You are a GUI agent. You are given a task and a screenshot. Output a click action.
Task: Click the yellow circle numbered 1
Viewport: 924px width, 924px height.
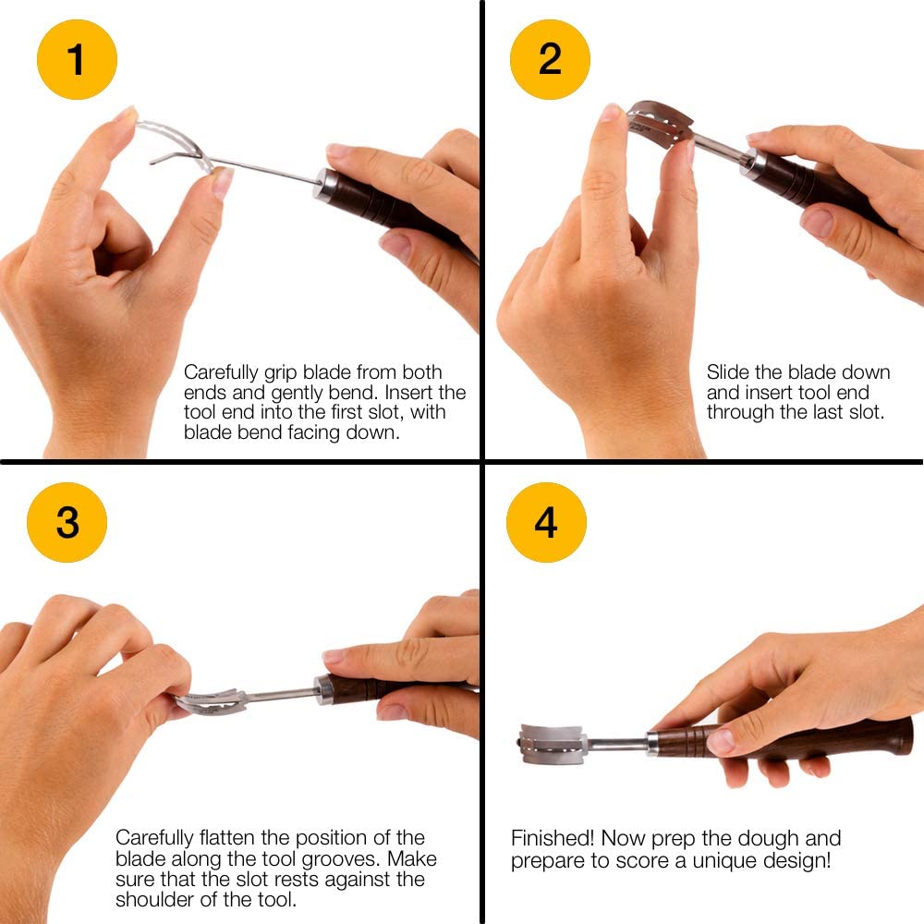point(77,59)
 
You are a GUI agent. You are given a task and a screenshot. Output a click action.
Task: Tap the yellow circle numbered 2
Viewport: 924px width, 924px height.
point(550,59)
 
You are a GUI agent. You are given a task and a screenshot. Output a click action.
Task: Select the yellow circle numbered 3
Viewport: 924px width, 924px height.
point(67,522)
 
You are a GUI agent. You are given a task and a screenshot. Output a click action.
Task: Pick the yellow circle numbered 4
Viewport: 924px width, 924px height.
point(546,522)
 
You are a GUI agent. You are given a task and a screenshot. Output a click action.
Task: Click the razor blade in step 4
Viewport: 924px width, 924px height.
point(552,744)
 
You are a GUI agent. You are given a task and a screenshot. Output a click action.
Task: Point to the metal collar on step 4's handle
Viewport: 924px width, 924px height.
point(653,744)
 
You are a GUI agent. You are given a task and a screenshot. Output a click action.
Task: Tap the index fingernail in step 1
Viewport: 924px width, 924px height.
point(128,114)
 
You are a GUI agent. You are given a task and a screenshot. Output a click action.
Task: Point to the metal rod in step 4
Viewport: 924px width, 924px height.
point(617,744)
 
